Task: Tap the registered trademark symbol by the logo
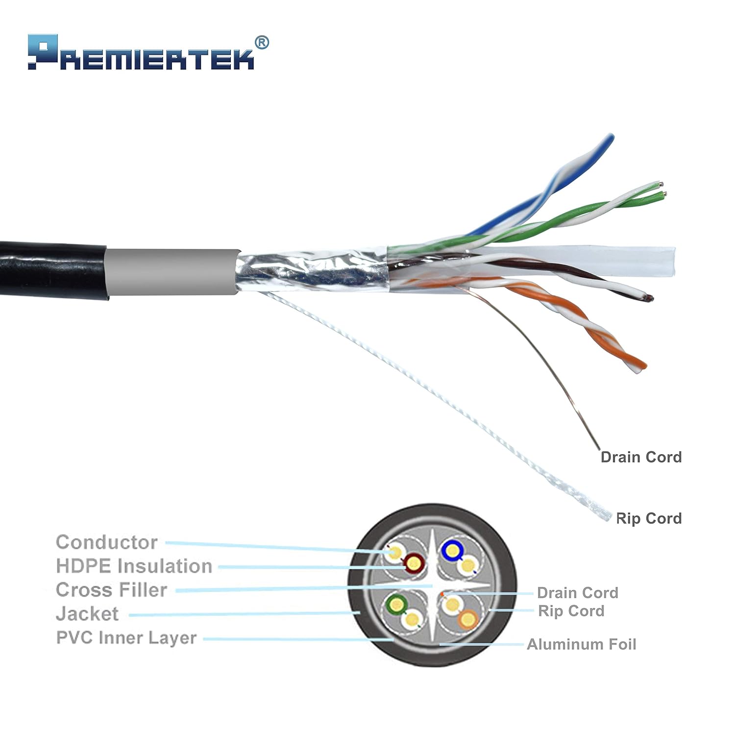pos(262,43)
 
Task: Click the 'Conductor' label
pos(106,542)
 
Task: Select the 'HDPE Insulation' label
pos(134,566)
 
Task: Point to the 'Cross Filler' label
pos(111,589)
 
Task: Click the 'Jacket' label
pos(87,613)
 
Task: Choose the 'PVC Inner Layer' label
pos(126,637)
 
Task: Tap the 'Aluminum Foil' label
pos(581,644)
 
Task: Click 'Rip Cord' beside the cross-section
pos(571,611)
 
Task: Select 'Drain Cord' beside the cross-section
pos(577,592)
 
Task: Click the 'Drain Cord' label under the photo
pos(641,457)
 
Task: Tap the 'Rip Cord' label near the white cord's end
pos(648,518)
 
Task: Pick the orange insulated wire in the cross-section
pos(468,619)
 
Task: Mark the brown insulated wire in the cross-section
pos(414,564)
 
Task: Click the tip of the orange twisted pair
pos(640,366)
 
